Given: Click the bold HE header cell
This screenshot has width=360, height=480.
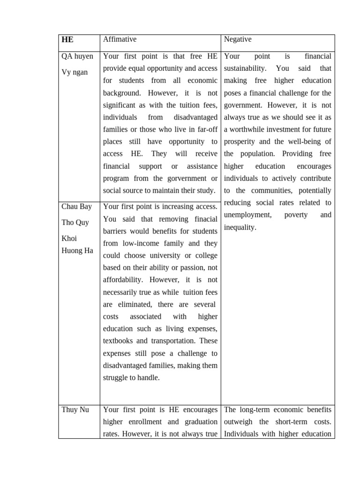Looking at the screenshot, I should coord(67,40).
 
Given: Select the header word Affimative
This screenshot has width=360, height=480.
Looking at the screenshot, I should coord(120,40).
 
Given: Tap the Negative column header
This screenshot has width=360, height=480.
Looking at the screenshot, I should coord(238,40).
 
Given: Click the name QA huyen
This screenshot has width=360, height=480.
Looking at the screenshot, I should coord(77,57).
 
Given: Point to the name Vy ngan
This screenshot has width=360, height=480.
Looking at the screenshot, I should coord(75,72).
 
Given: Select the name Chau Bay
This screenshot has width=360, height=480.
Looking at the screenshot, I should coord(77,207).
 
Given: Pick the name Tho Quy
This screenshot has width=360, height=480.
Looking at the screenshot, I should coord(75,222).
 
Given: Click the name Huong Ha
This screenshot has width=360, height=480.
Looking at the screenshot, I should coord(77,250).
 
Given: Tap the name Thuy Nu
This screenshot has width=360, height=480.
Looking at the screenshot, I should coord(75,410).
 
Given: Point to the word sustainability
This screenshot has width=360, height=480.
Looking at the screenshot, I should coord(245,68).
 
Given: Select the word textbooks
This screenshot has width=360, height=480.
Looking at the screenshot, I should coord(119,341).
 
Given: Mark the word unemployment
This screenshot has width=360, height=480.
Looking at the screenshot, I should coord(247,215).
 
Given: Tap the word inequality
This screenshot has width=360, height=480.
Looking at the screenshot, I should coord(240,227).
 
